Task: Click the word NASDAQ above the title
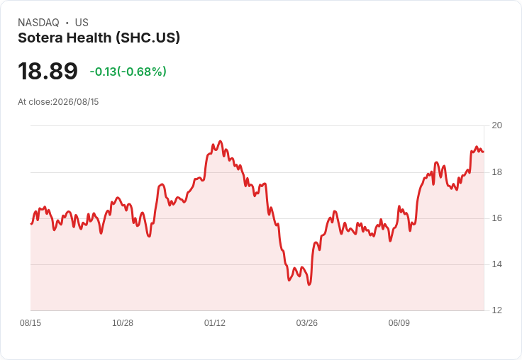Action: (x=38, y=23)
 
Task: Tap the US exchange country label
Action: (x=82, y=23)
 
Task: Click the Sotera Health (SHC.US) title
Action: (x=99, y=38)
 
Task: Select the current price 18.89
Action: (x=48, y=71)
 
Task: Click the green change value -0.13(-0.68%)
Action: (x=128, y=72)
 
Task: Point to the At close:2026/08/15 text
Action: (x=58, y=102)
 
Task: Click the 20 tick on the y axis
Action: (x=497, y=125)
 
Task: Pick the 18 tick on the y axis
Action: (x=497, y=172)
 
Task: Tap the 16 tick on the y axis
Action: (x=497, y=218)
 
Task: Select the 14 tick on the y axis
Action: (x=497, y=264)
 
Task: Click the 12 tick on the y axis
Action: (x=497, y=310)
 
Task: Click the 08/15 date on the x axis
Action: (x=30, y=323)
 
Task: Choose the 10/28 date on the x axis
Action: (x=123, y=323)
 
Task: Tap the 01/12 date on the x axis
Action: (x=215, y=323)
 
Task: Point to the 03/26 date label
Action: (x=307, y=323)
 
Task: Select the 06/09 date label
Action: (x=399, y=323)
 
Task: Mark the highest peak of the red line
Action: (x=220, y=141)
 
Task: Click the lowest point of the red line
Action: (x=309, y=284)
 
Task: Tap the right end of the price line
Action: (x=484, y=152)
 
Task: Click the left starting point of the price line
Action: (x=31, y=224)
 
